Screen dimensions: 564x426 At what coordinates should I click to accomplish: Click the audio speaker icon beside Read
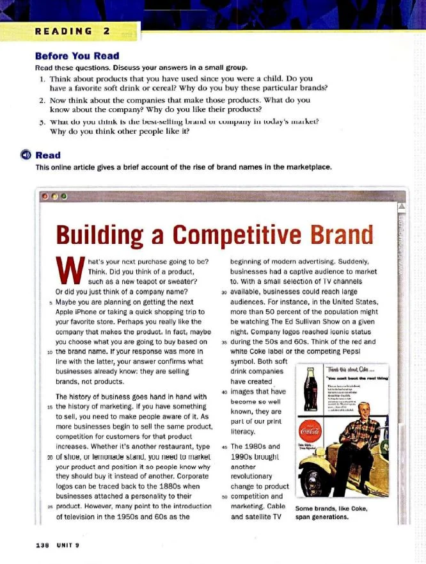pyautogui.click(x=27, y=156)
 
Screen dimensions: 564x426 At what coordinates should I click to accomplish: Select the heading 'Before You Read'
pyautogui.click(x=77, y=56)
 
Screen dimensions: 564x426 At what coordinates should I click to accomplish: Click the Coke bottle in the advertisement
pyautogui.click(x=310, y=389)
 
